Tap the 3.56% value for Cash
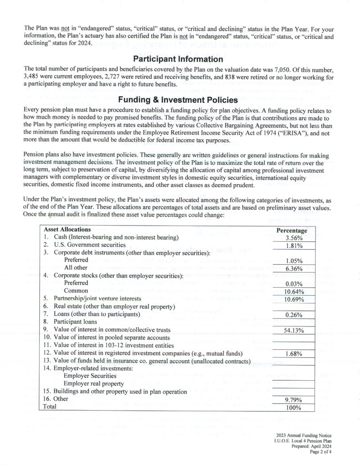[293, 238]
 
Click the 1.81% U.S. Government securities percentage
[293, 245]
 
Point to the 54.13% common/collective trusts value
[293, 330]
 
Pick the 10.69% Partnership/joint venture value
[293, 299]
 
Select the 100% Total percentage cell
[293, 407]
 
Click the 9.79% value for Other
[293, 399]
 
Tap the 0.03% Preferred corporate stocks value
[293, 284]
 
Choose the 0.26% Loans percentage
[293, 315]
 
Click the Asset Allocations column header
[67, 230]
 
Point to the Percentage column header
[292, 230]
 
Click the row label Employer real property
[94, 384]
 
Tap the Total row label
[49, 407]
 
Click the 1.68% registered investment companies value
[293, 353]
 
